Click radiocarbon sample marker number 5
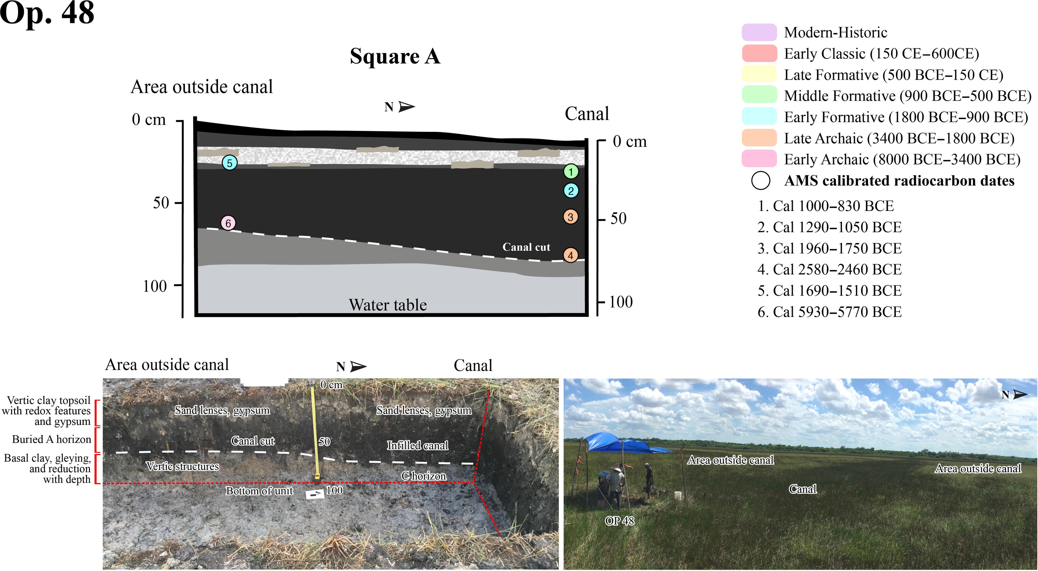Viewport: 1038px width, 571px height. pyautogui.click(x=230, y=163)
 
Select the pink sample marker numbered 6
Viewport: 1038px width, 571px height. pyautogui.click(x=228, y=223)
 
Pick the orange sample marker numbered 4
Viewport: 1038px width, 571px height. pyautogui.click(x=571, y=255)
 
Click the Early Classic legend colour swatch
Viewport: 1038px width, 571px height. pyautogui.click(x=759, y=53)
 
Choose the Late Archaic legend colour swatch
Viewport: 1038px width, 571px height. pyautogui.click(x=759, y=138)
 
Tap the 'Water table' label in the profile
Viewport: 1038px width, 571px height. pyautogui.click(x=388, y=305)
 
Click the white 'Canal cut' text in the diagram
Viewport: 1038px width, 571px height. pyautogui.click(x=526, y=247)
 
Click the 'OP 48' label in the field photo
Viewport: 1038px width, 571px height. pyautogui.click(x=619, y=521)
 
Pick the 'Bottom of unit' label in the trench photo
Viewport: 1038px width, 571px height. pyautogui.click(x=259, y=491)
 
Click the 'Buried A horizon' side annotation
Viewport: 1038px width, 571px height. pyautogui.click(x=52, y=439)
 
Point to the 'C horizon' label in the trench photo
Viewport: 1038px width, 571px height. pyautogui.click(x=423, y=476)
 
